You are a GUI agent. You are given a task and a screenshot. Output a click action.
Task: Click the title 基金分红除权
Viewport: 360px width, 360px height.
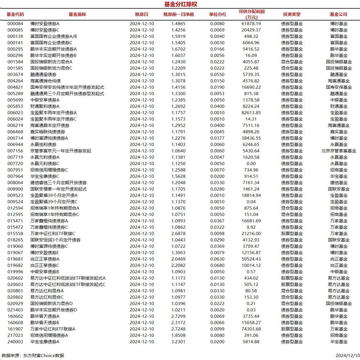tap(180, 4)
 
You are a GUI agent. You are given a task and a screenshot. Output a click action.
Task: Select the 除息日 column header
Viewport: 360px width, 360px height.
tap(141, 14)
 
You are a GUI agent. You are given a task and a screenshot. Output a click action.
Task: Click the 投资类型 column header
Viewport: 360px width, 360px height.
tap(292, 14)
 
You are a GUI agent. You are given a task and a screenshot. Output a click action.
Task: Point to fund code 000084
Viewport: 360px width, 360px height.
tap(15, 24)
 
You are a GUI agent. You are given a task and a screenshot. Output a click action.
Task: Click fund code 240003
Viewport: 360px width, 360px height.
tap(15, 342)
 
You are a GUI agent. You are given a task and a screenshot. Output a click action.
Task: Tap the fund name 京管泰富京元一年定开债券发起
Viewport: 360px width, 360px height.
tap(60, 151)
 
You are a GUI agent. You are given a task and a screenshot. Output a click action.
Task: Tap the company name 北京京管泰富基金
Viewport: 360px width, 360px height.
tap(338, 151)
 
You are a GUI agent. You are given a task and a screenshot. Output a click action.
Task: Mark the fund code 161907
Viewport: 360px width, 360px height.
tap(15, 329)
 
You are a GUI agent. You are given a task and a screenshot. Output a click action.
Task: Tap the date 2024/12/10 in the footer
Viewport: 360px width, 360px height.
tap(346, 355)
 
